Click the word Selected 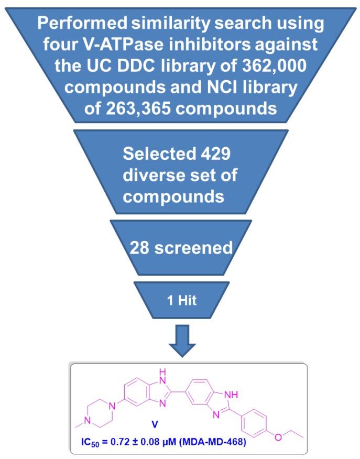click(x=160, y=156)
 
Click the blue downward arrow click(x=180, y=341)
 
